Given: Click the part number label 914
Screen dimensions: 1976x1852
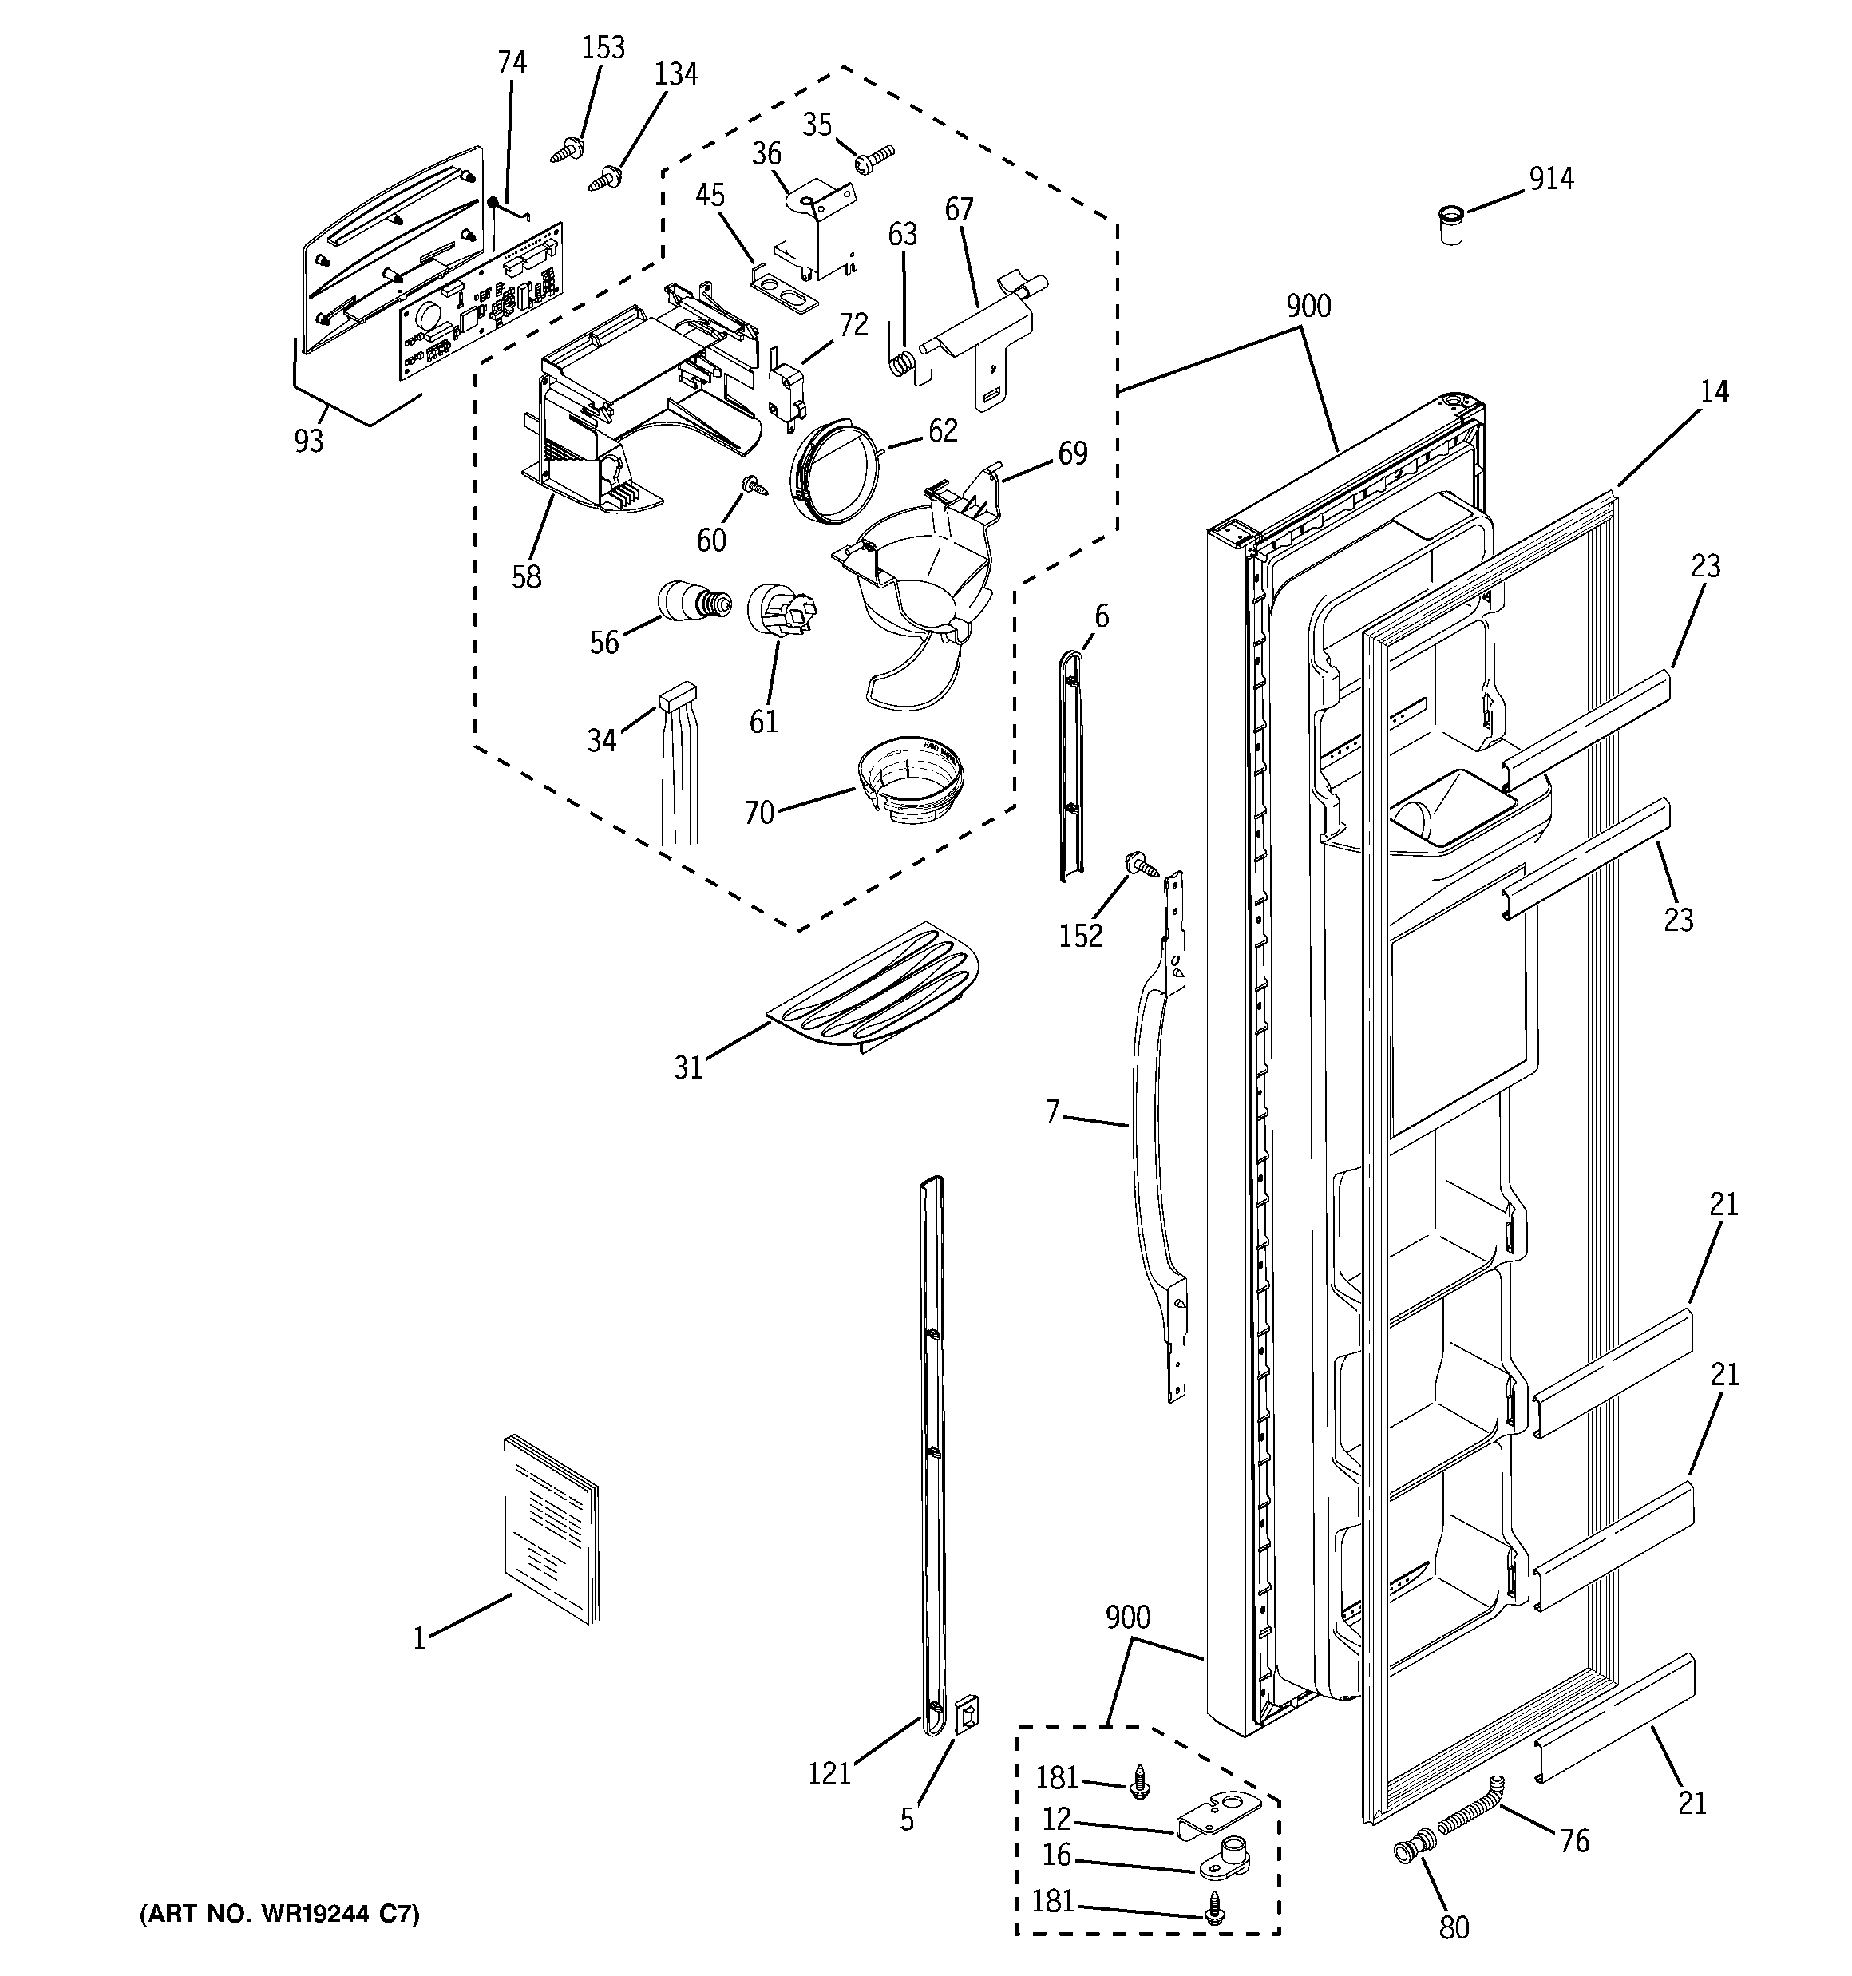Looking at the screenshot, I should (1551, 179).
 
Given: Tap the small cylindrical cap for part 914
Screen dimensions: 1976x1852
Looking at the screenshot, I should (1451, 226).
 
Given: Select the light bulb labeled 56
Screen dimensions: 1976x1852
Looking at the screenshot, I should (694, 601).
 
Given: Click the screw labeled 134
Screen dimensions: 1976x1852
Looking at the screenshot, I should (604, 179).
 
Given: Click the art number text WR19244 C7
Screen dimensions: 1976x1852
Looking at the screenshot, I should (279, 1914).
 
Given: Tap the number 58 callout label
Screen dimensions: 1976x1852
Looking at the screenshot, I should (526, 576).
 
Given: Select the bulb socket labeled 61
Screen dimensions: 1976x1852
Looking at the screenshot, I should (782, 609).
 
